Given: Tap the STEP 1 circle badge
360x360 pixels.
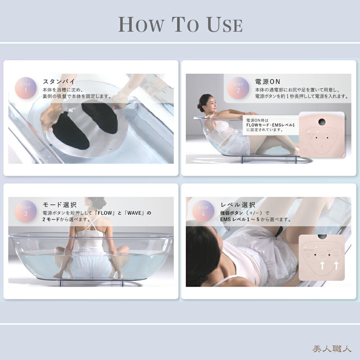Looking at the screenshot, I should pyautogui.click(x=26, y=88).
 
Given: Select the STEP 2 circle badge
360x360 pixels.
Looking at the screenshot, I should pyautogui.click(x=238, y=88).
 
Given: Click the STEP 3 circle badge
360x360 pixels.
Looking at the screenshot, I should pyautogui.click(x=26, y=211).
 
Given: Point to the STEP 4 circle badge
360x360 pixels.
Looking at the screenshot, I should pyautogui.click(x=203, y=211).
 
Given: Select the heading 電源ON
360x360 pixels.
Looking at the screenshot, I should pyautogui.click(x=267, y=81).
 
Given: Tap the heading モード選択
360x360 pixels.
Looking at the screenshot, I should pyautogui.click(x=59, y=205).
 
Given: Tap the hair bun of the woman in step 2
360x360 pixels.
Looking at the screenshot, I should pyautogui.click(x=200, y=107).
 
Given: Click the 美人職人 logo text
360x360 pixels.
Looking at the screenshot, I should pyautogui.click(x=331, y=348).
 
